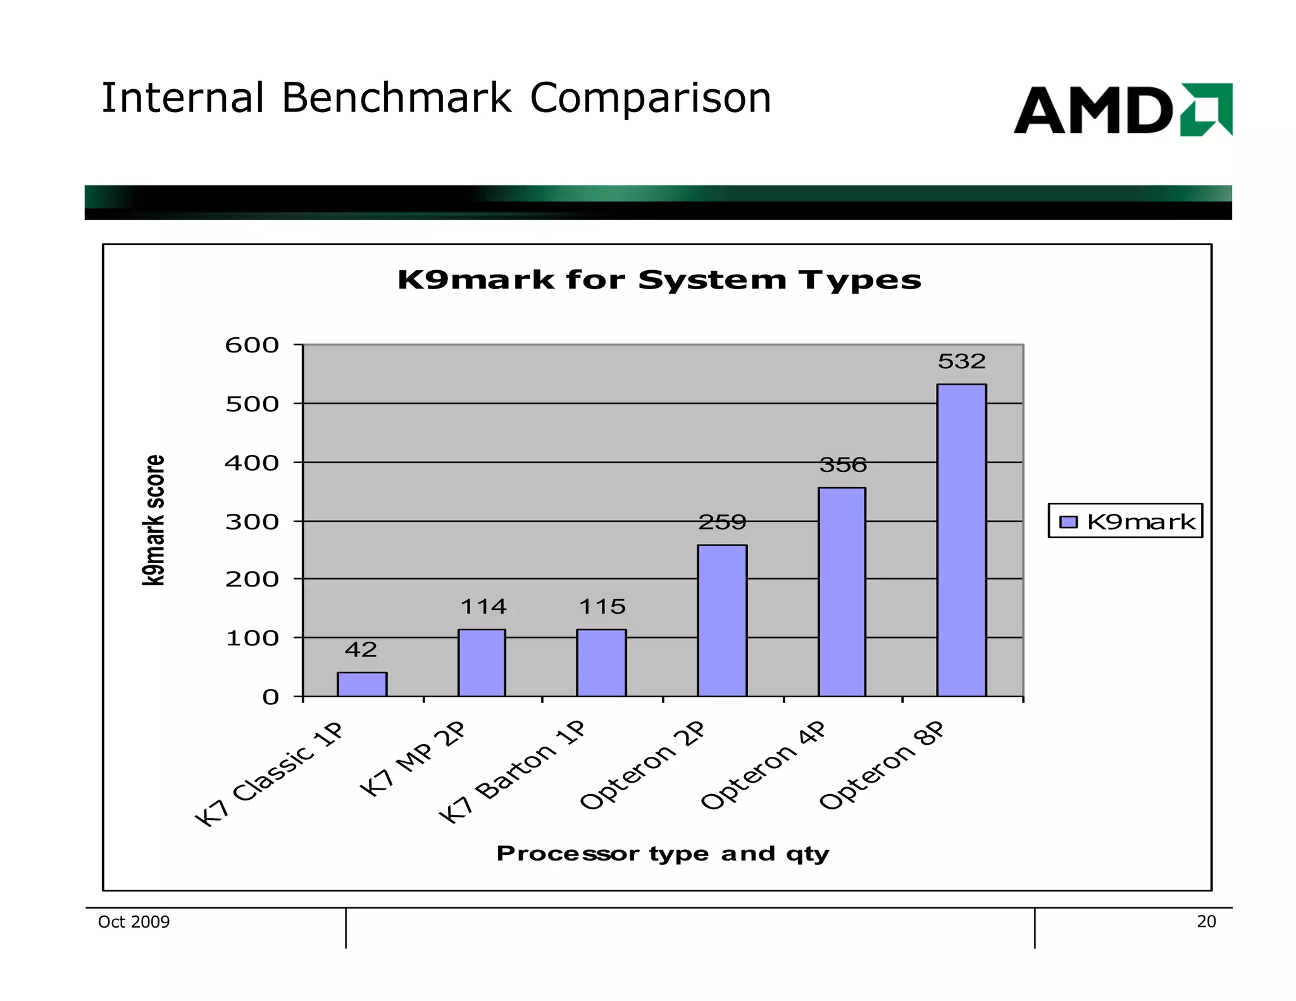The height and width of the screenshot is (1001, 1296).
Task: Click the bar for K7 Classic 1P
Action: tap(362, 684)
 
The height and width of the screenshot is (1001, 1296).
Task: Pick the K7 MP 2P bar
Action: tap(482, 662)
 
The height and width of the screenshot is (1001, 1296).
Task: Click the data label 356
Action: tap(843, 465)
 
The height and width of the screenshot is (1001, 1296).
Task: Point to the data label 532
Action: tap(961, 361)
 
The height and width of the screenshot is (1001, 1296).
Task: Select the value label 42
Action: tap(361, 649)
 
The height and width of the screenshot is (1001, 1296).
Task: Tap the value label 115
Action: tap(602, 607)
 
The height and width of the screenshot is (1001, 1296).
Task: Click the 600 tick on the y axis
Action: tap(252, 345)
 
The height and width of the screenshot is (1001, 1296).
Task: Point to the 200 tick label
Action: tap(252, 579)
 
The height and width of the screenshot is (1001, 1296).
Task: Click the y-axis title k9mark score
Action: tap(154, 520)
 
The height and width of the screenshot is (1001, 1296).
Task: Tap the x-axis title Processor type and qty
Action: tap(662, 854)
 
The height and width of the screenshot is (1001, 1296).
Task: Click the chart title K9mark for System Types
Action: tap(659, 280)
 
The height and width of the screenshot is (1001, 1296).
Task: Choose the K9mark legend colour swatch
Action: tap(1068, 521)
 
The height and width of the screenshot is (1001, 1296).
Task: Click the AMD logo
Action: tap(1122, 109)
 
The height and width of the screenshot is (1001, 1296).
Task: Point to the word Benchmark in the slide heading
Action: tap(396, 99)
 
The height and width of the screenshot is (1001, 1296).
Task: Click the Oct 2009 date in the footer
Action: tap(134, 922)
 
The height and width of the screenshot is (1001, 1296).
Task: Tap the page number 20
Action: tap(1206, 922)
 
